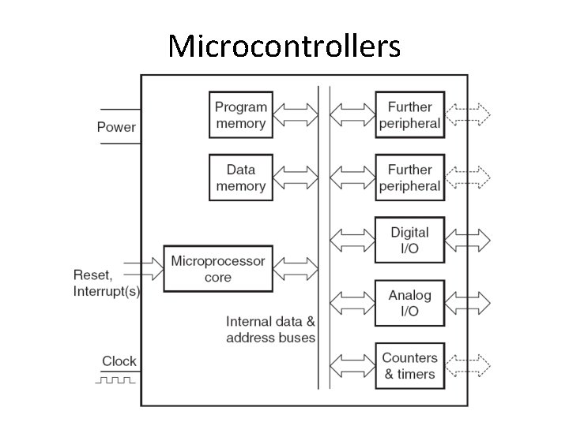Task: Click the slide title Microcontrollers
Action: pos(284,47)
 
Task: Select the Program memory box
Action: pos(241,115)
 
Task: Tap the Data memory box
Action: pos(241,177)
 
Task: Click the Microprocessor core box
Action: pos(218,268)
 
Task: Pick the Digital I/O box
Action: pos(409,241)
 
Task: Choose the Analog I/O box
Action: pos(409,303)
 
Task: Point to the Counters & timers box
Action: pos(409,366)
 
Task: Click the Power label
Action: pos(116,127)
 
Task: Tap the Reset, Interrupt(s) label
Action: pos(106,283)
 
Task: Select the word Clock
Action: pos(119,361)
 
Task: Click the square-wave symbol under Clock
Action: pos(117,380)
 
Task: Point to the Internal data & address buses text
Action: pos(270,330)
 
